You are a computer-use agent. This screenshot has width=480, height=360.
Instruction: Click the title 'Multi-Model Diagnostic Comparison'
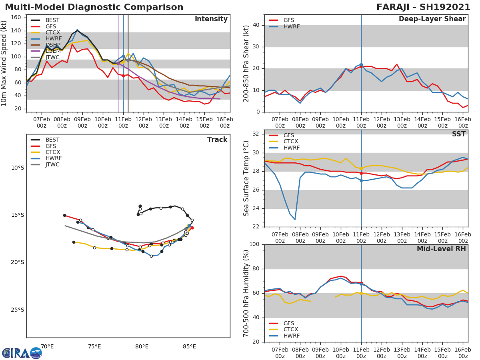click(94, 7)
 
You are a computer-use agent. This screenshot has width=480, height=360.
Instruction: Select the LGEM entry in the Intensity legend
click(53, 51)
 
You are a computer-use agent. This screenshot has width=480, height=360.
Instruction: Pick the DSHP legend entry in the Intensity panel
click(53, 45)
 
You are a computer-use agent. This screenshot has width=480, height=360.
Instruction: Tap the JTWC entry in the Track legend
click(52, 165)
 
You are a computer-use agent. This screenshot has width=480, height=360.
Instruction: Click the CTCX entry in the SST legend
click(290, 142)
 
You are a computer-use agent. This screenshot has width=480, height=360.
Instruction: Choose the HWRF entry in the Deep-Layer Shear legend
click(291, 27)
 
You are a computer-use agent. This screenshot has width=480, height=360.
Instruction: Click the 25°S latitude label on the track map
click(17, 310)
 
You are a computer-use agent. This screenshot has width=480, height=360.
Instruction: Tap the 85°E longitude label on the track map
click(189, 346)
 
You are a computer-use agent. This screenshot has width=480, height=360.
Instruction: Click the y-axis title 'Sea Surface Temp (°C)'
click(246, 178)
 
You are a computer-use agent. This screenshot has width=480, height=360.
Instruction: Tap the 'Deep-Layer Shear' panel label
click(432, 19)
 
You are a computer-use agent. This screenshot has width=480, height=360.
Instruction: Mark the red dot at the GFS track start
click(192, 228)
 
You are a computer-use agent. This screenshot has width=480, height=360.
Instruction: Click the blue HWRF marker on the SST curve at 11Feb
click(361, 180)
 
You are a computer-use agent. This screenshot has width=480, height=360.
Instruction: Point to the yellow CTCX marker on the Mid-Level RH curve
click(361, 293)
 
